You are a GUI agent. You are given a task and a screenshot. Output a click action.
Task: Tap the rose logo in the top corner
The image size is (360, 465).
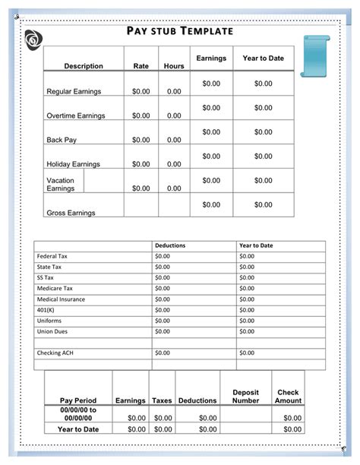click(x=33, y=40)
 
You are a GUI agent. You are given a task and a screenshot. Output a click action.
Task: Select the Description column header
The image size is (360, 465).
click(x=84, y=66)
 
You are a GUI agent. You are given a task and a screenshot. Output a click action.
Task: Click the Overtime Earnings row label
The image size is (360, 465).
click(x=76, y=115)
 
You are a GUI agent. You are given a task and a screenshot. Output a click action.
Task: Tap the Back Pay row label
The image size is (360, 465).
click(x=62, y=140)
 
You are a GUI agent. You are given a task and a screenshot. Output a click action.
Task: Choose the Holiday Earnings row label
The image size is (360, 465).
click(x=74, y=164)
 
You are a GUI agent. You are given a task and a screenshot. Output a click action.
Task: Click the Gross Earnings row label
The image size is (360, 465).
click(x=71, y=213)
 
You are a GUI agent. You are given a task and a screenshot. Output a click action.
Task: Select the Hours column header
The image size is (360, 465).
click(x=174, y=66)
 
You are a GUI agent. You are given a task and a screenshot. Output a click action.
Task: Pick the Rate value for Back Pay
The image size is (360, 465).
click(x=141, y=140)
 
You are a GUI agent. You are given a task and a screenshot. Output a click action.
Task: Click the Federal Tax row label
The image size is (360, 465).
click(x=52, y=256)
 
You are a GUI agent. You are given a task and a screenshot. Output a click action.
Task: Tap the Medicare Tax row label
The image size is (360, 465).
click(x=55, y=289)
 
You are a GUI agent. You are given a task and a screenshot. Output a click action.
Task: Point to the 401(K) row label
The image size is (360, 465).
click(x=46, y=310)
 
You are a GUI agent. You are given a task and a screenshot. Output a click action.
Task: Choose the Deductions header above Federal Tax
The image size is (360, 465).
click(x=170, y=245)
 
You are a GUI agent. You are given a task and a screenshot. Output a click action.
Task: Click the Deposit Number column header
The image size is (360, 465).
click(x=245, y=396)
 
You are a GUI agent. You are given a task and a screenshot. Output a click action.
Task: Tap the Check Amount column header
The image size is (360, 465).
click(x=288, y=396)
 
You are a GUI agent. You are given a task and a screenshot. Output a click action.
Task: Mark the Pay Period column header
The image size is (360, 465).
click(x=78, y=400)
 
